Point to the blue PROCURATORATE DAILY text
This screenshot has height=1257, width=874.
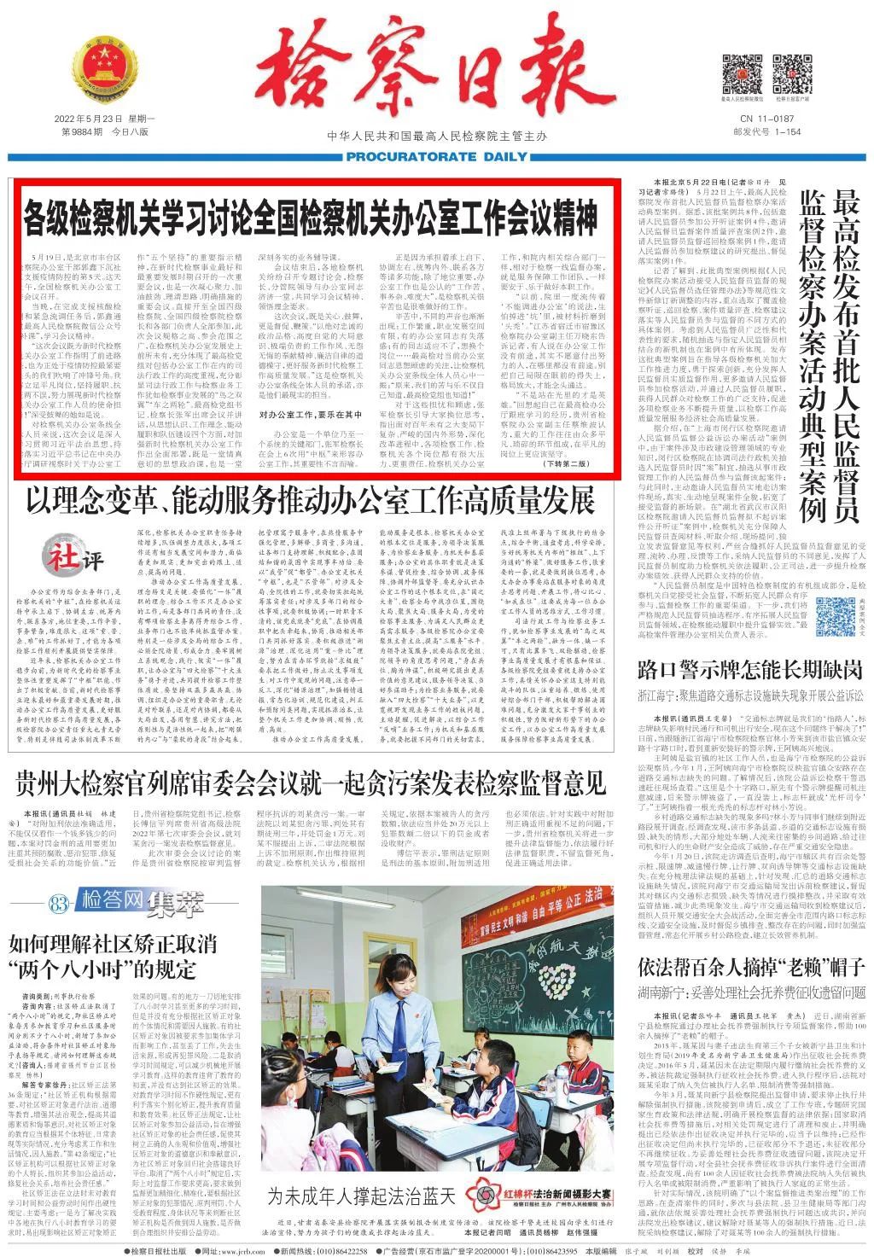437,157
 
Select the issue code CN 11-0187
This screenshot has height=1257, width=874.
766,119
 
